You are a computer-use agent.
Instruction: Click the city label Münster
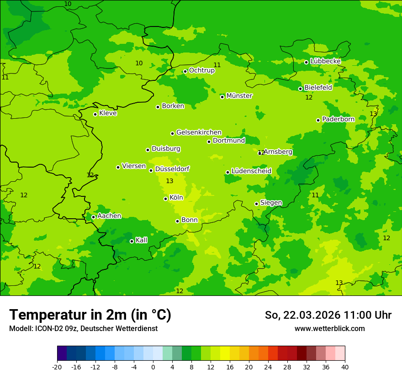point(239,96)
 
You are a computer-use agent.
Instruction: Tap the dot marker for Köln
point(165,199)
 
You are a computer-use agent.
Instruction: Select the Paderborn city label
point(338,119)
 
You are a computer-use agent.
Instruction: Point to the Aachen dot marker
point(93,217)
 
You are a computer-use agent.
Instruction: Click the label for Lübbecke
point(325,61)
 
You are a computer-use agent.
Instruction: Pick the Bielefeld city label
point(318,87)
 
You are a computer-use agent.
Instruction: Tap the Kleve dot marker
point(95,114)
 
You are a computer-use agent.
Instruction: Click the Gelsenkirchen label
point(199,132)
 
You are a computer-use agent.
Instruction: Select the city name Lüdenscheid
point(251,171)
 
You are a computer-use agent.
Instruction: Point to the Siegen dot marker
point(256,204)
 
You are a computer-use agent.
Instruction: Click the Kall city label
point(142,240)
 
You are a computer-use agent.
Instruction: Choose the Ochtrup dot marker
point(185,71)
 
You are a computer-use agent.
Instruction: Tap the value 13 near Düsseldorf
point(169,181)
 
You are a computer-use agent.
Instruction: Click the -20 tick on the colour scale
point(57,367)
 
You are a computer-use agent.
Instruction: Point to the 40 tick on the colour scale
point(345,367)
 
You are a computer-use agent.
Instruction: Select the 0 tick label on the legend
point(153,367)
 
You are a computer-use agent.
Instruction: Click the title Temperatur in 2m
point(90,315)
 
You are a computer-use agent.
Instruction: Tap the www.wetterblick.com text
point(329,329)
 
